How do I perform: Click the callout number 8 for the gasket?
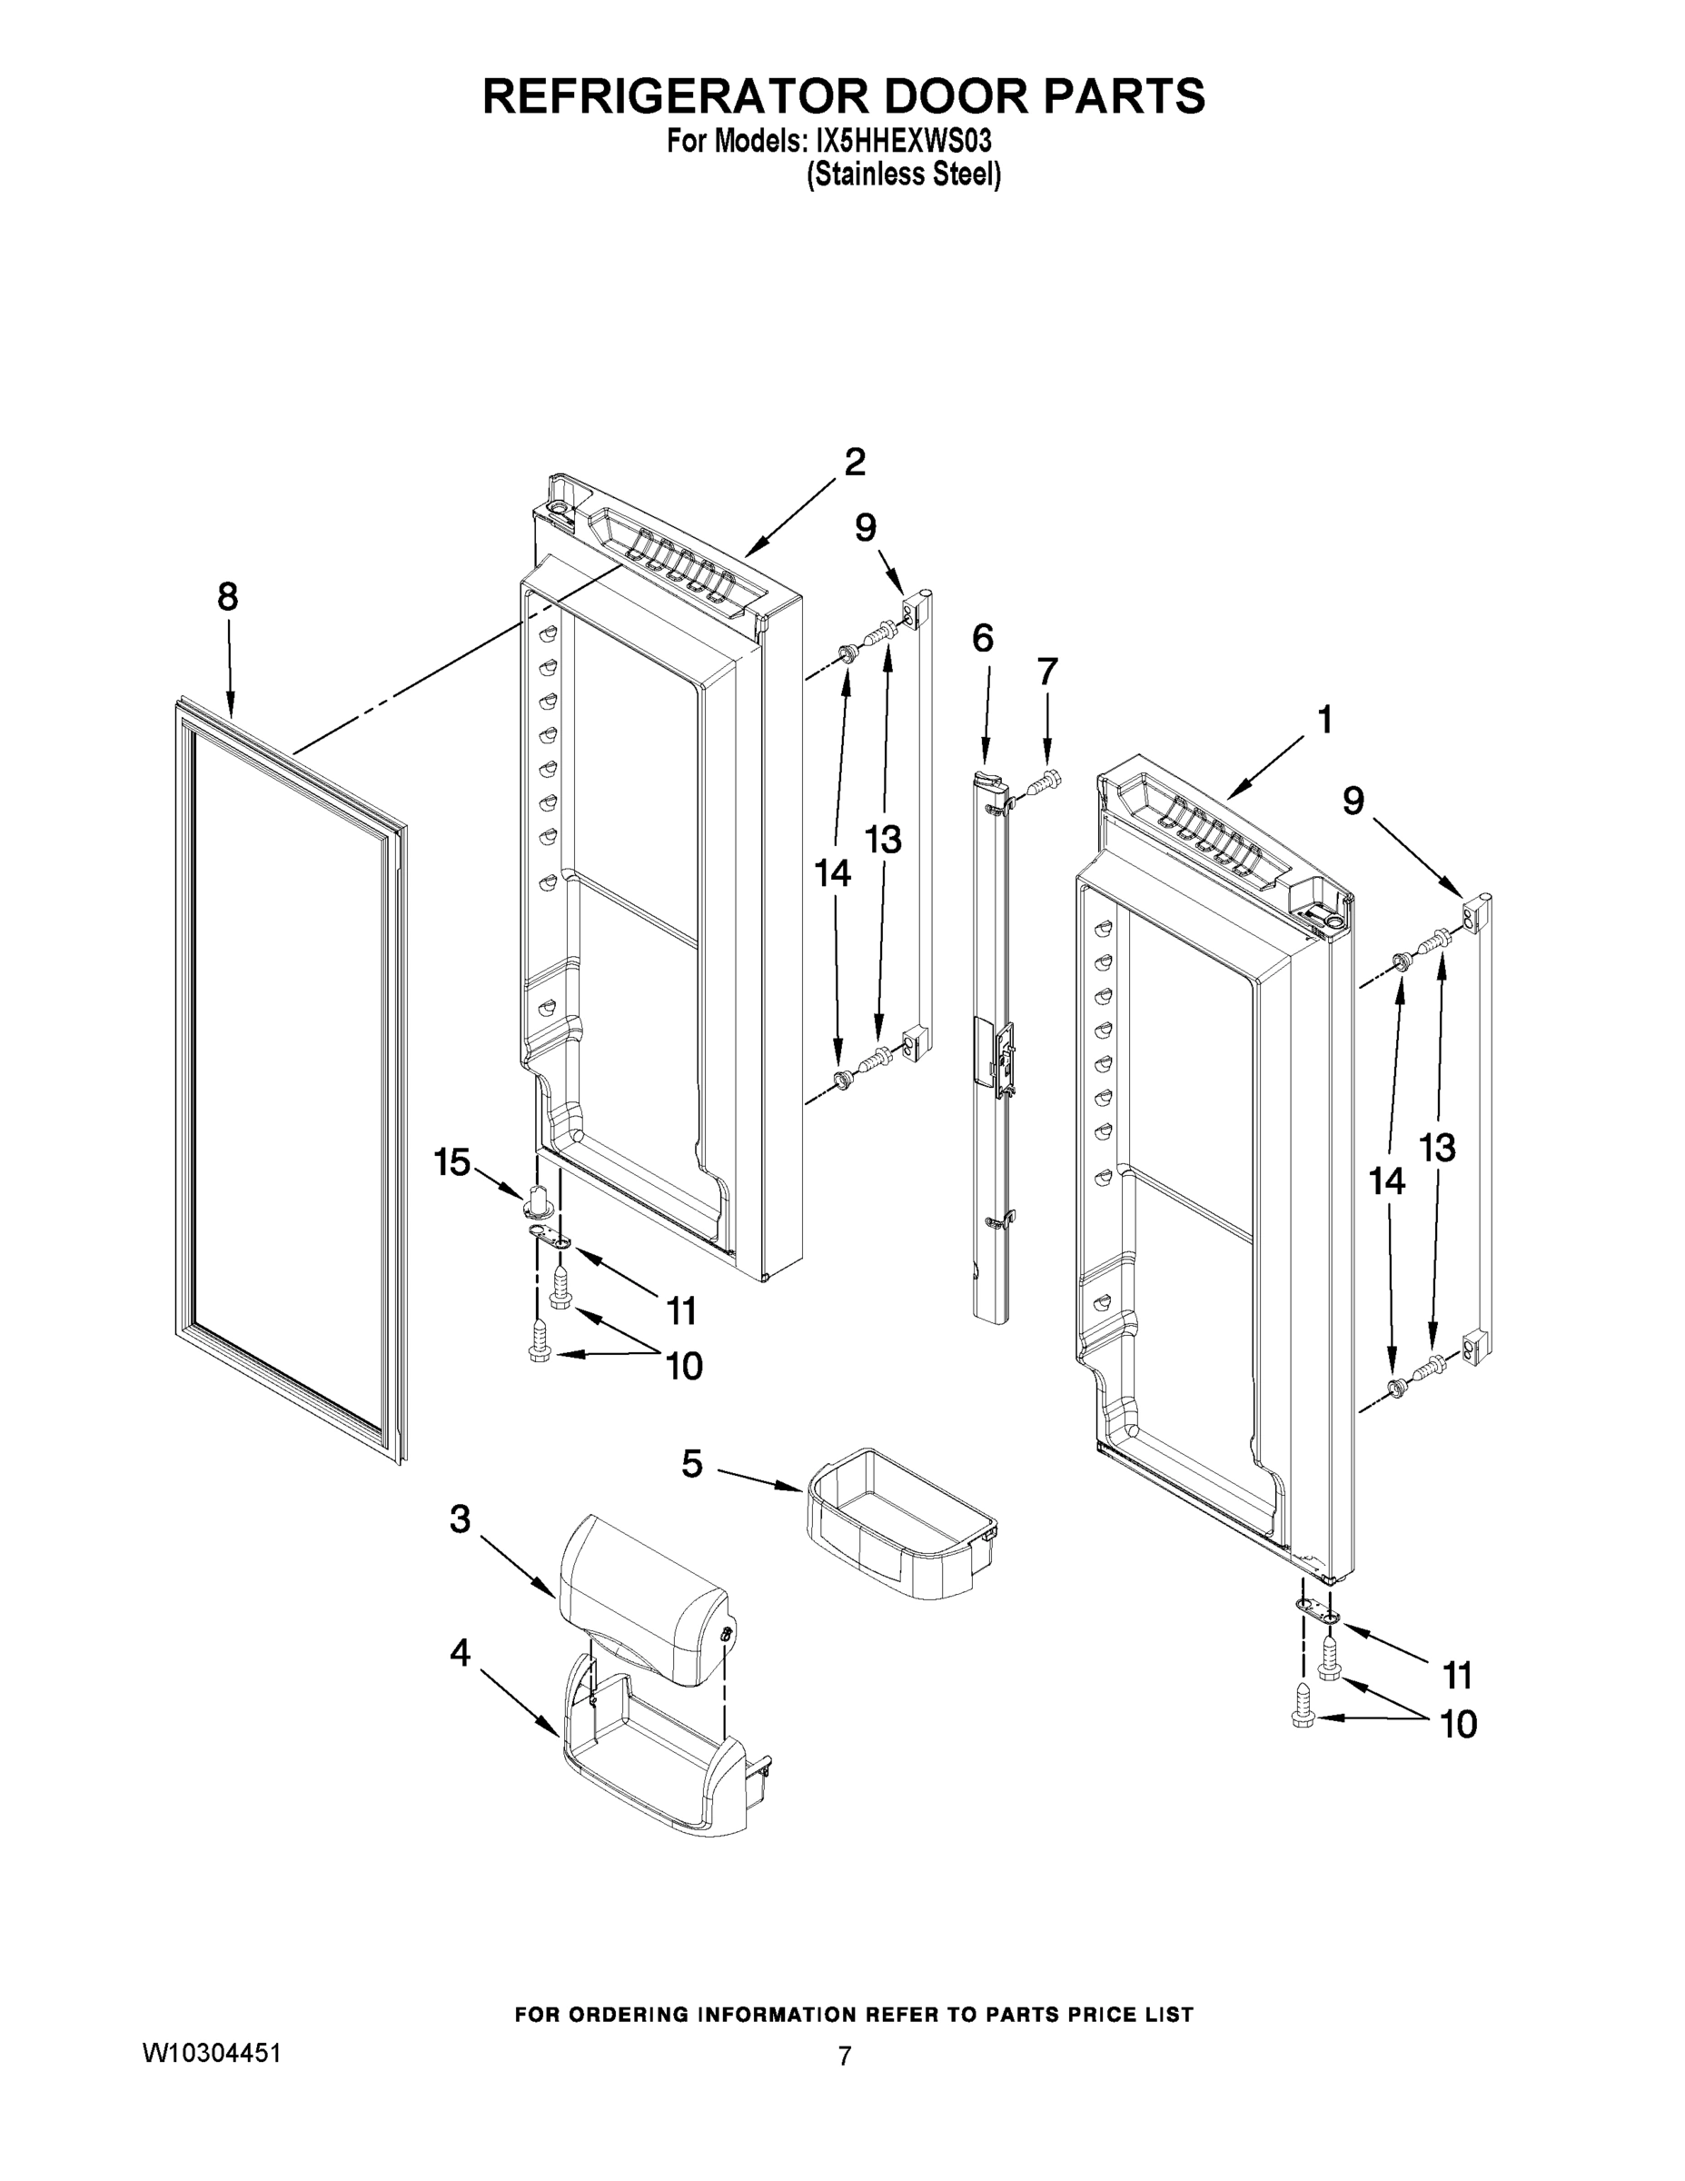(x=228, y=597)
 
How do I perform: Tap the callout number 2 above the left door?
(x=855, y=463)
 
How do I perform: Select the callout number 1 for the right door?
(x=1324, y=719)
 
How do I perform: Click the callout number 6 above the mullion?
(x=982, y=637)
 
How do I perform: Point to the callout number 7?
(x=1046, y=672)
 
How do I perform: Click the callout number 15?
(x=451, y=1161)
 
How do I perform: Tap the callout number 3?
(x=460, y=1519)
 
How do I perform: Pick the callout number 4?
(x=460, y=1653)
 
